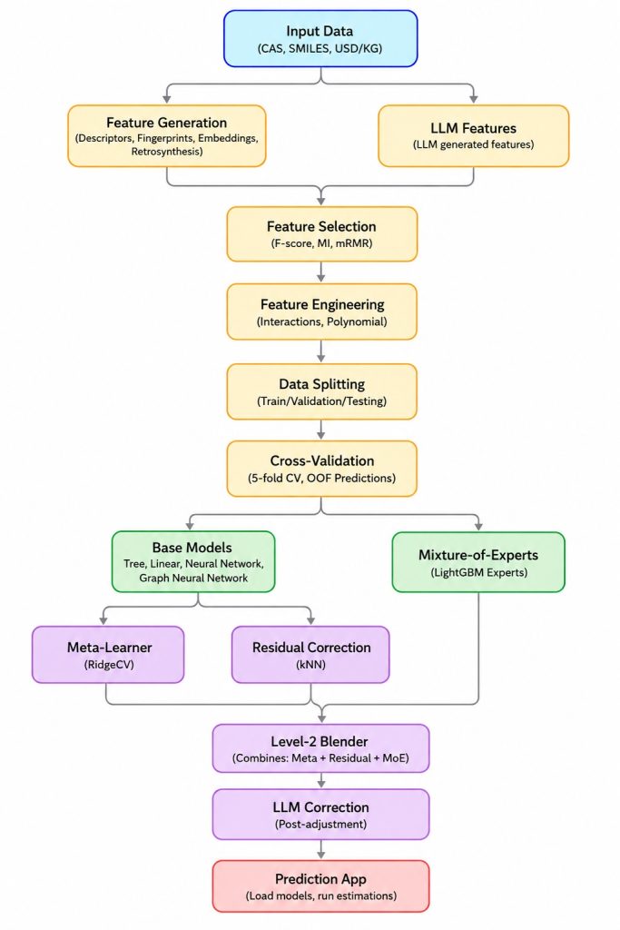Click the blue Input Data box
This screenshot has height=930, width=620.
(x=320, y=38)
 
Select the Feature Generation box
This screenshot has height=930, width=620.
(x=166, y=136)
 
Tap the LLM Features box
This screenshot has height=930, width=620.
(x=474, y=136)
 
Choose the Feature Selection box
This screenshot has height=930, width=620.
(x=322, y=233)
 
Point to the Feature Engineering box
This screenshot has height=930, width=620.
(x=322, y=312)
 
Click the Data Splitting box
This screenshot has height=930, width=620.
(x=322, y=391)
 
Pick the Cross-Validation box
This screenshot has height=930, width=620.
(x=322, y=469)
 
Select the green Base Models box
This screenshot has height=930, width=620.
(x=193, y=561)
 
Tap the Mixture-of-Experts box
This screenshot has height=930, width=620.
(x=478, y=562)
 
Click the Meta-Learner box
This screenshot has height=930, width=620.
(x=108, y=655)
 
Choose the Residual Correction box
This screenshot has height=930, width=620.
(x=310, y=655)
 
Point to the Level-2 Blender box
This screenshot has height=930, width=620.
(x=320, y=748)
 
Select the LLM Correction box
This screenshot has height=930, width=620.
(x=320, y=815)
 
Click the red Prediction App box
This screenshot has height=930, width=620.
(x=320, y=886)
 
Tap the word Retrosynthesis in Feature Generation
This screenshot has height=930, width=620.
(x=167, y=152)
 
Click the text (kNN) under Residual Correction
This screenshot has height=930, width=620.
(x=310, y=665)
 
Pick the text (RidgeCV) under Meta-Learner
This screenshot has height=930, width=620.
(x=109, y=665)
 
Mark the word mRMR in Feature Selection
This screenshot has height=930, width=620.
(x=354, y=243)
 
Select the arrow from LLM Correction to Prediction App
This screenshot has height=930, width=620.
(x=321, y=850)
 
